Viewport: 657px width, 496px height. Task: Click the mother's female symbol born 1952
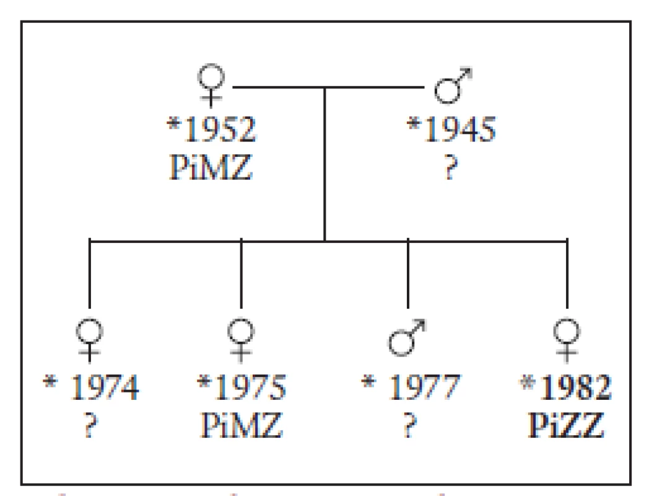click(211, 77)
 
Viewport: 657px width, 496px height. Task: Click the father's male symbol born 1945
click(448, 89)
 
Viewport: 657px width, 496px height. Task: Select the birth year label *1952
click(211, 129)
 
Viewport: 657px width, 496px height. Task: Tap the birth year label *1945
click(451, 129)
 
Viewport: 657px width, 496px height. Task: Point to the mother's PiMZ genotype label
click(211, 167)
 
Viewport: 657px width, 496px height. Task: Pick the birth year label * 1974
click(91, 386)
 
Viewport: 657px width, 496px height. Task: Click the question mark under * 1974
click(90, 425)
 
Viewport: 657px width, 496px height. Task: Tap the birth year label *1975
click(241, 386)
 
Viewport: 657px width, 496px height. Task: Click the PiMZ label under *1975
click(241, 425)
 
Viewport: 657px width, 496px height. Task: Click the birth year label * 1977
click(411, 386)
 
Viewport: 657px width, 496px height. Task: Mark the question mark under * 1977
click(410, 425)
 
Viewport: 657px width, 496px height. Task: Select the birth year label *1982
click(565, 386)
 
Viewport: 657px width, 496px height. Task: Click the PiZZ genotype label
click(566, 425)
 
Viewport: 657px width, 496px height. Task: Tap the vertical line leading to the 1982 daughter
click(567, 273)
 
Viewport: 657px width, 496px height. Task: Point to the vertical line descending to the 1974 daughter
click(90, 273)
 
